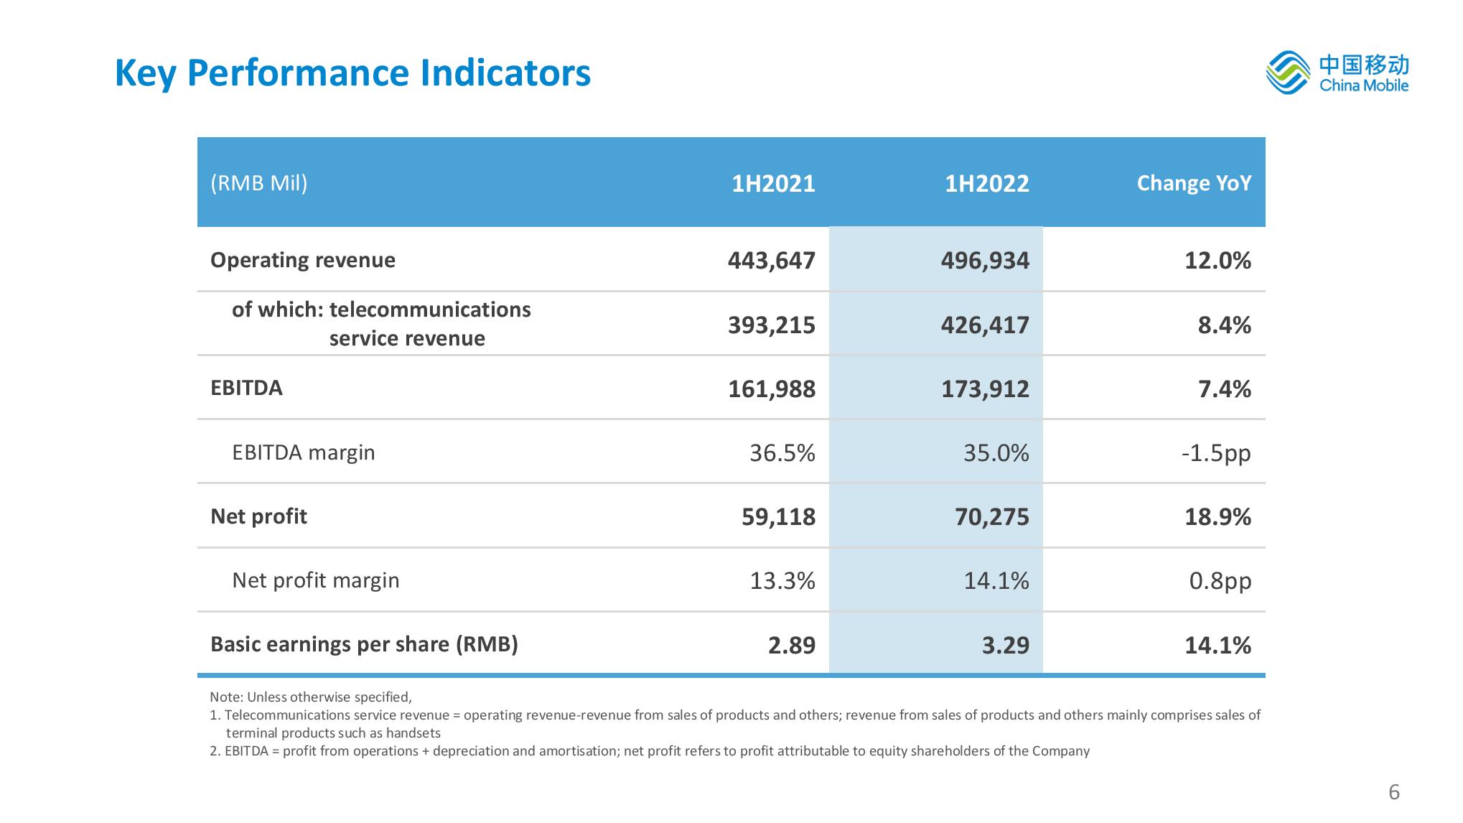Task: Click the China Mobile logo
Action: [x=1337, y=73]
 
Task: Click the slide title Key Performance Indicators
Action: [x=352, y=73]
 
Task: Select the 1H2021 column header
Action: [x=773, y=184]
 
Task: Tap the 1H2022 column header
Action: [x=986, y=184]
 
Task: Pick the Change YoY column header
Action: [x=1194, y=184]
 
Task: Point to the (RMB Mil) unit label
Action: [x=258, y=184]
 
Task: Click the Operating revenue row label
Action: [x=302, y=260]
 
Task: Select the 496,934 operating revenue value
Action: [x=985, y=261]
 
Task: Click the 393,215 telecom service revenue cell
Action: [x=772, y=325]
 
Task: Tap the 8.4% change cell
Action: [x=1224, y=325]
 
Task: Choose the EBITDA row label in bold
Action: [x=246, y=389]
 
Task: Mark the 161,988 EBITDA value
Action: [x=772, y=389]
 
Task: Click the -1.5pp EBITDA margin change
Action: [x=1216, y=453]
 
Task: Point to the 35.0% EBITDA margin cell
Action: [x=996, y=453]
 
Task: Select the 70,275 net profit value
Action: [x=992, y=517]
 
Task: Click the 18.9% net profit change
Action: [x=1217, y=517]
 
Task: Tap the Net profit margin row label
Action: [x=315, y=580]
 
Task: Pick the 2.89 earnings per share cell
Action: [x=792, y=646]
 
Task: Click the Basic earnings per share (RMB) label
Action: [x=364, y=644]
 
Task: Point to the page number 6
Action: [x=1394, y=792]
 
